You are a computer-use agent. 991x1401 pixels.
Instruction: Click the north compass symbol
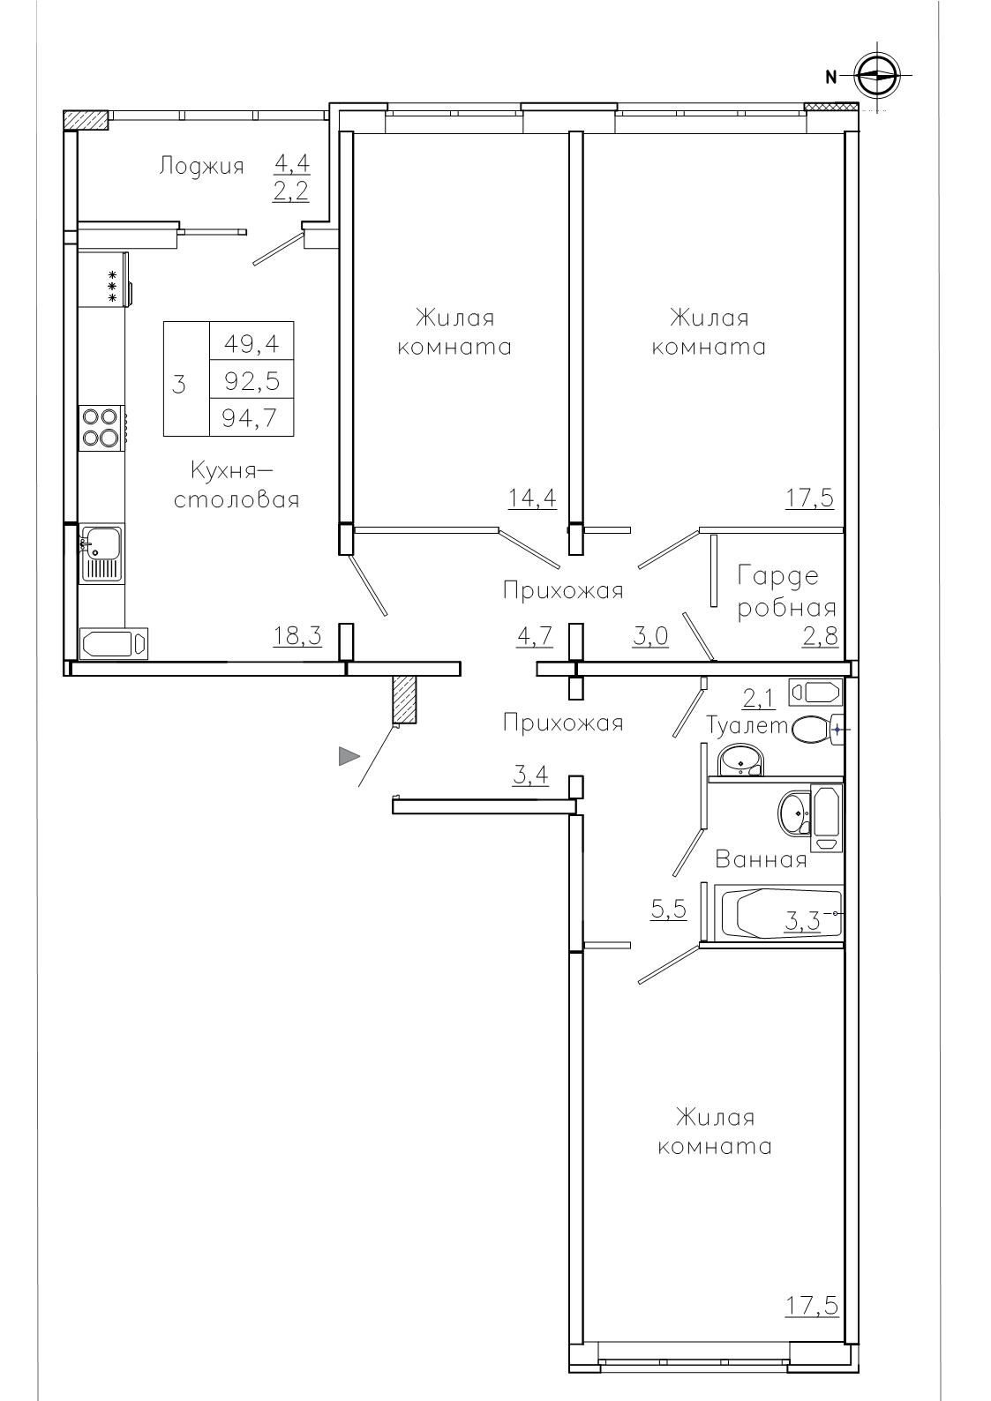point(877,76)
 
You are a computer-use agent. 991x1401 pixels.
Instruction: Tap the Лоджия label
point(201,167)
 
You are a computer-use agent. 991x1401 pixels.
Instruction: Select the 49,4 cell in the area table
point(252,343)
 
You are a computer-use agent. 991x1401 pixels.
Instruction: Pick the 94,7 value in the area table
point(252,417)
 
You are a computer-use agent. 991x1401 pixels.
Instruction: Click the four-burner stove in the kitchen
point(100,427)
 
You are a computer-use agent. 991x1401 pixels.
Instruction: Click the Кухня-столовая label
point(236,484)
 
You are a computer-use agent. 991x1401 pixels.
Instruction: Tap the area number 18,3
point(297,635)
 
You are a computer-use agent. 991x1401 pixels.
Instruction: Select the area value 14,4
point(532,498)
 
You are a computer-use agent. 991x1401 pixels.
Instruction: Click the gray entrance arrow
point(349,756)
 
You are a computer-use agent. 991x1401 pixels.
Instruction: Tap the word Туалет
point(747,725)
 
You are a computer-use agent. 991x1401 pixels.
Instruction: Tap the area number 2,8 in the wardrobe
point(820,636)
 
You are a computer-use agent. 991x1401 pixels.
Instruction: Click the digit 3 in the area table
point(179,384)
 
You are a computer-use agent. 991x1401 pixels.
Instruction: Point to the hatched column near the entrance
point(404,700)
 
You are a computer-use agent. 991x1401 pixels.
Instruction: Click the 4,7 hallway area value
point(534,635)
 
